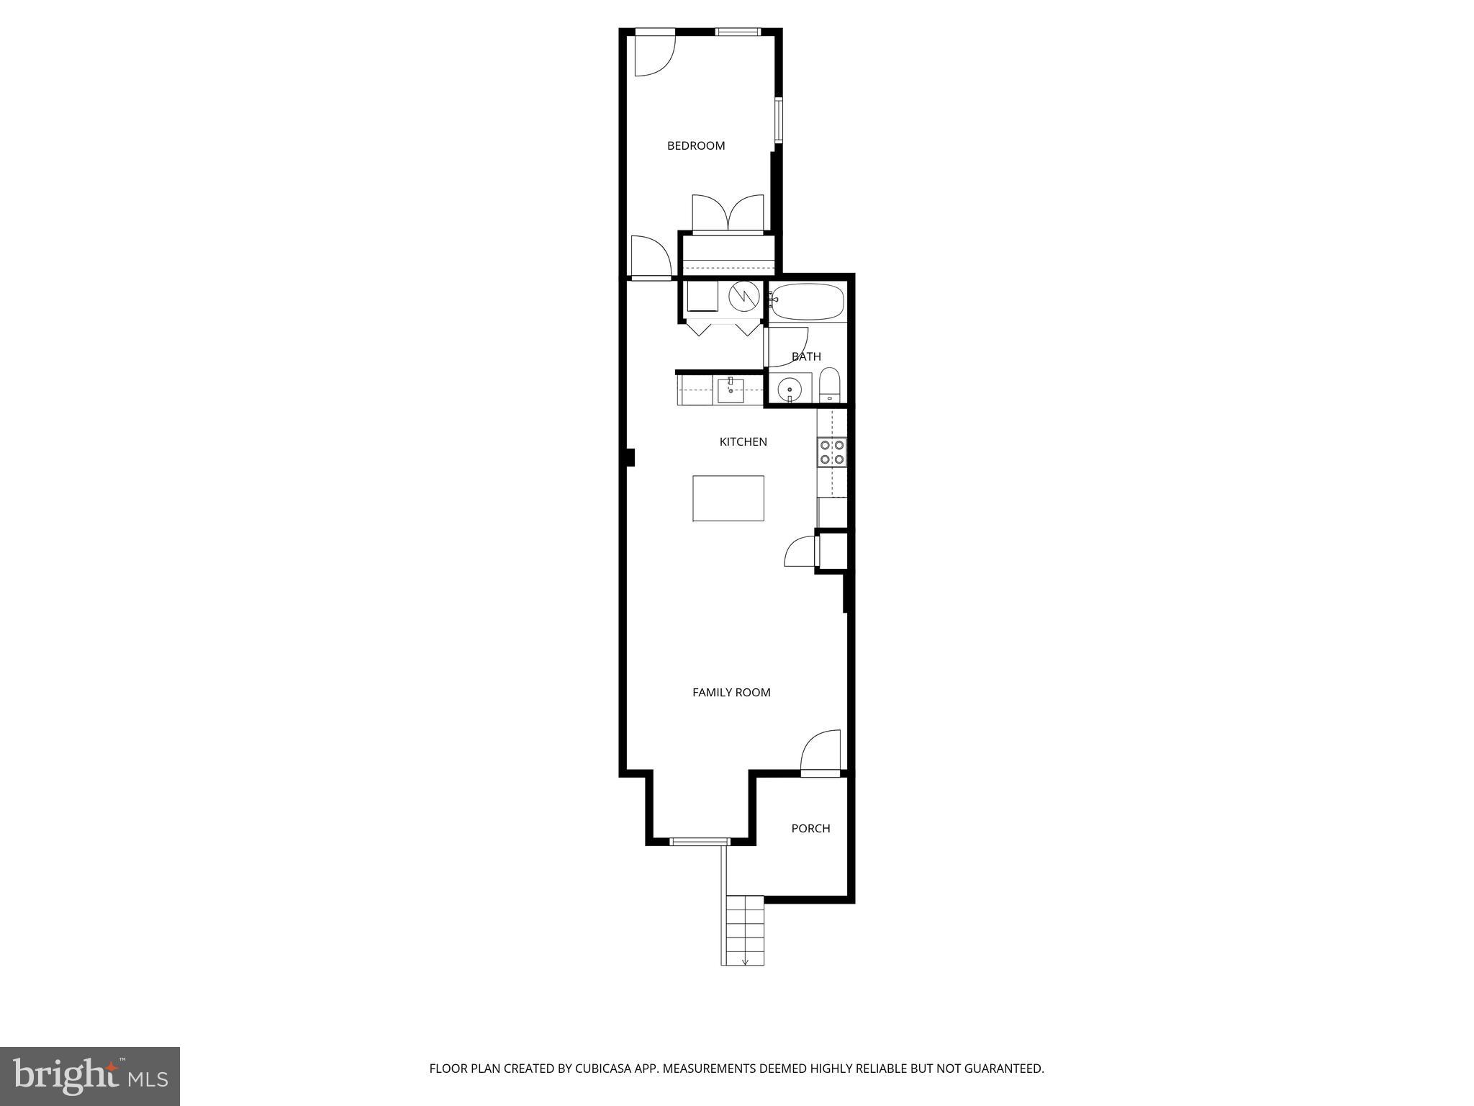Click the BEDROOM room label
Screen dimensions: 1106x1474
[695, 145]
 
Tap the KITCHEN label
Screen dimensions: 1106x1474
[743, 441]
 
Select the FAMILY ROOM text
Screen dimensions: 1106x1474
[731, 692]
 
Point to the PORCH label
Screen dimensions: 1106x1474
[810, 828]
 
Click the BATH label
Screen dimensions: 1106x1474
[806, 356]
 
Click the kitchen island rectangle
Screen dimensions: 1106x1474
[728, 498]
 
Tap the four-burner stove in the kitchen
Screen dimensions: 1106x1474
[832, 452]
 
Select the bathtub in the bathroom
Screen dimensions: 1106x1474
[807, 302]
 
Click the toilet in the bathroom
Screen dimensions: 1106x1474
[830, 386]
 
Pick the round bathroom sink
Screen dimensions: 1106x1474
[790, 389]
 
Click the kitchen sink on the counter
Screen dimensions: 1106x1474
[731, 390]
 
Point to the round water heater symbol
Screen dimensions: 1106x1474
[743, 296]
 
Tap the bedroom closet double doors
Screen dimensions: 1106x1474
[728, 214]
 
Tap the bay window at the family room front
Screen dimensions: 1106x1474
[700, 841]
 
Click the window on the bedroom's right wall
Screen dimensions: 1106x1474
[778, 120]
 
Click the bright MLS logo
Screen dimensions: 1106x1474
[89, 1076]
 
